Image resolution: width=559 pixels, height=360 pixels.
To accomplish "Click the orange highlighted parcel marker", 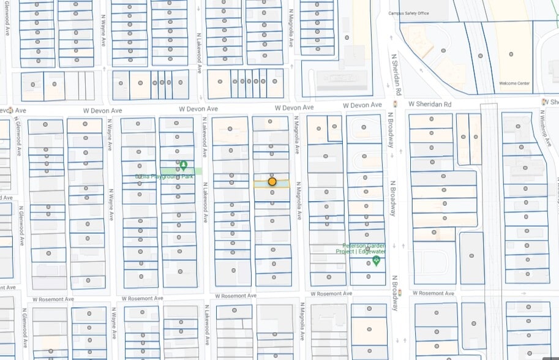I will point(272,182).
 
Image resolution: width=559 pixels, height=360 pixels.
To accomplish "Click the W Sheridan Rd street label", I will point(430,105).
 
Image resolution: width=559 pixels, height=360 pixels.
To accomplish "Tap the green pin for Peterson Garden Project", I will point(376,261).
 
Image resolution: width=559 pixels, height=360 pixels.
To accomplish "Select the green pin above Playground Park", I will point(183,165).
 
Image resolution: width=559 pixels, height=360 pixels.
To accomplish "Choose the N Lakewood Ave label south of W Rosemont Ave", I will point(208,331).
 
